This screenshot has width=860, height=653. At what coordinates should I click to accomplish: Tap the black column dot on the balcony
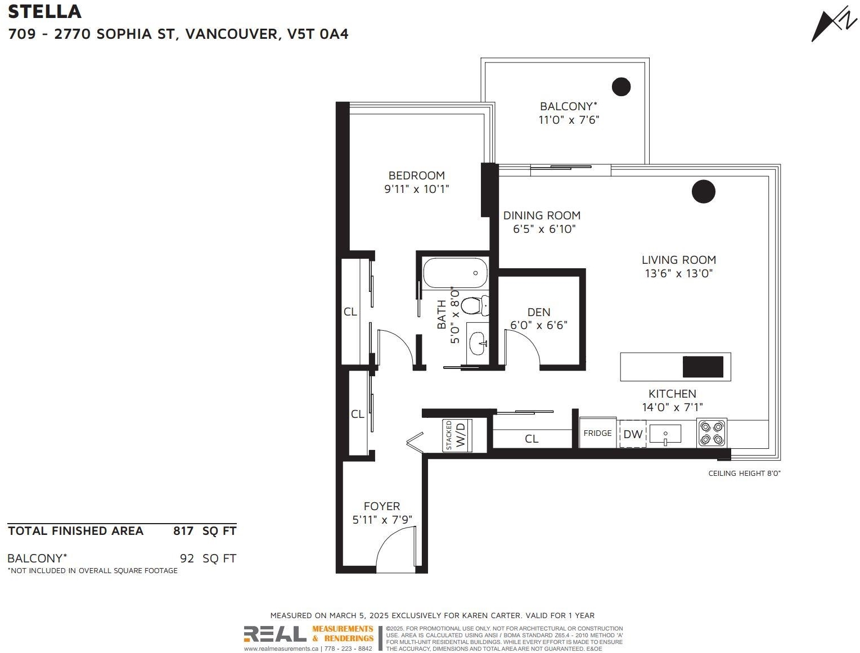(x=621, y=87)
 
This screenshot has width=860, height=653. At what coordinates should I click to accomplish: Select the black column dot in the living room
(x=703, y=192)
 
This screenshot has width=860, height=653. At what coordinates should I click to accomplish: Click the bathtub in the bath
(x=455, y=273)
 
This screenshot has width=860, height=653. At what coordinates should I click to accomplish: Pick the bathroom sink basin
(x=478, y=344)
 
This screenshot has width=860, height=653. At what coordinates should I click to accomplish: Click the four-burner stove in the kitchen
(x=712, y=433)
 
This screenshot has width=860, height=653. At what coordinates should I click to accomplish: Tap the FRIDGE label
(x=597, y=433)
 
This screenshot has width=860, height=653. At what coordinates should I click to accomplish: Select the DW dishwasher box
(x=633, y=434)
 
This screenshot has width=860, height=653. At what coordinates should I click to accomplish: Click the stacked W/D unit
(x=457, y=435)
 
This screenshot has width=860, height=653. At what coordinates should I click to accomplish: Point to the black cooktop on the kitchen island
(x=703, y=367)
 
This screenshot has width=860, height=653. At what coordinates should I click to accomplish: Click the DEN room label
(x=539, y=312)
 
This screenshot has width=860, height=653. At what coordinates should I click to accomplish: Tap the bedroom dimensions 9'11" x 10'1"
(x=416, y=189)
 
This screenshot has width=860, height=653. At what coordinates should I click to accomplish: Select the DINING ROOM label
(x=542, y=215)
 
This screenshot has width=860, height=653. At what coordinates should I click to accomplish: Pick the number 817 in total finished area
(x=183, y=531)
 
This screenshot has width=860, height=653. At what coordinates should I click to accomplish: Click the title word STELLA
(x=44, y=12)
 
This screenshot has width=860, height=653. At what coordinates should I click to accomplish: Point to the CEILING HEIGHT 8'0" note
(x=745, y=473)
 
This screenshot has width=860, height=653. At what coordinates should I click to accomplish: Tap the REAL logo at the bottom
(x=275, y=634)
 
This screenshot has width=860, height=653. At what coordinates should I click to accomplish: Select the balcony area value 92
(x=187, y=558)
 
